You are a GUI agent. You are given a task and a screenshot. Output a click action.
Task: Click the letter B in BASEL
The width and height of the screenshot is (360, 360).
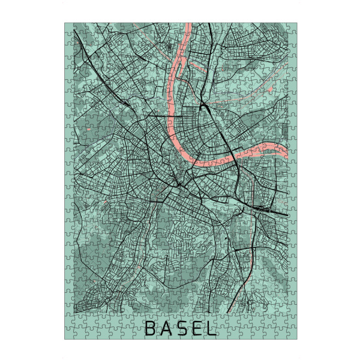(150, 329)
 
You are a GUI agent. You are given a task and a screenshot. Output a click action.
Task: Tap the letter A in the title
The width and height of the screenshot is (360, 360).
(166, 329)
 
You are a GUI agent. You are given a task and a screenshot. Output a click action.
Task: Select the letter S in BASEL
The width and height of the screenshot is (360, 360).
(181, 329)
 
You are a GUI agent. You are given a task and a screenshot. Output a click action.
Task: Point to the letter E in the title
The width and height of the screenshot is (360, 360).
(196, 329)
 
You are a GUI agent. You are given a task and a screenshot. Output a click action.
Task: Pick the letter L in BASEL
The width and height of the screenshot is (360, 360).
(211, 329)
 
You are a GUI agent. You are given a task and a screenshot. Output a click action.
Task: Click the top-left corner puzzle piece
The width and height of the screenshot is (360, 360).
(69, 28)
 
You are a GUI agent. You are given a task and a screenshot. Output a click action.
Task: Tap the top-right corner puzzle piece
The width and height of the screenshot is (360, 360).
(291, 28)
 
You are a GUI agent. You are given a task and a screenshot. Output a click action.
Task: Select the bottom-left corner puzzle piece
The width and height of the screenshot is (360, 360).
(69, 335)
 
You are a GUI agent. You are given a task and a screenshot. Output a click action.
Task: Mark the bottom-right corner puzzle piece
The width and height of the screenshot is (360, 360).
(291, 335)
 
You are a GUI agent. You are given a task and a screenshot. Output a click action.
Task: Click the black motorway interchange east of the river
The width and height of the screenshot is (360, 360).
(204, 106)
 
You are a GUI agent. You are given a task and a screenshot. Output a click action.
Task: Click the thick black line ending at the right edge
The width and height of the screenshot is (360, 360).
(282, 213)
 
